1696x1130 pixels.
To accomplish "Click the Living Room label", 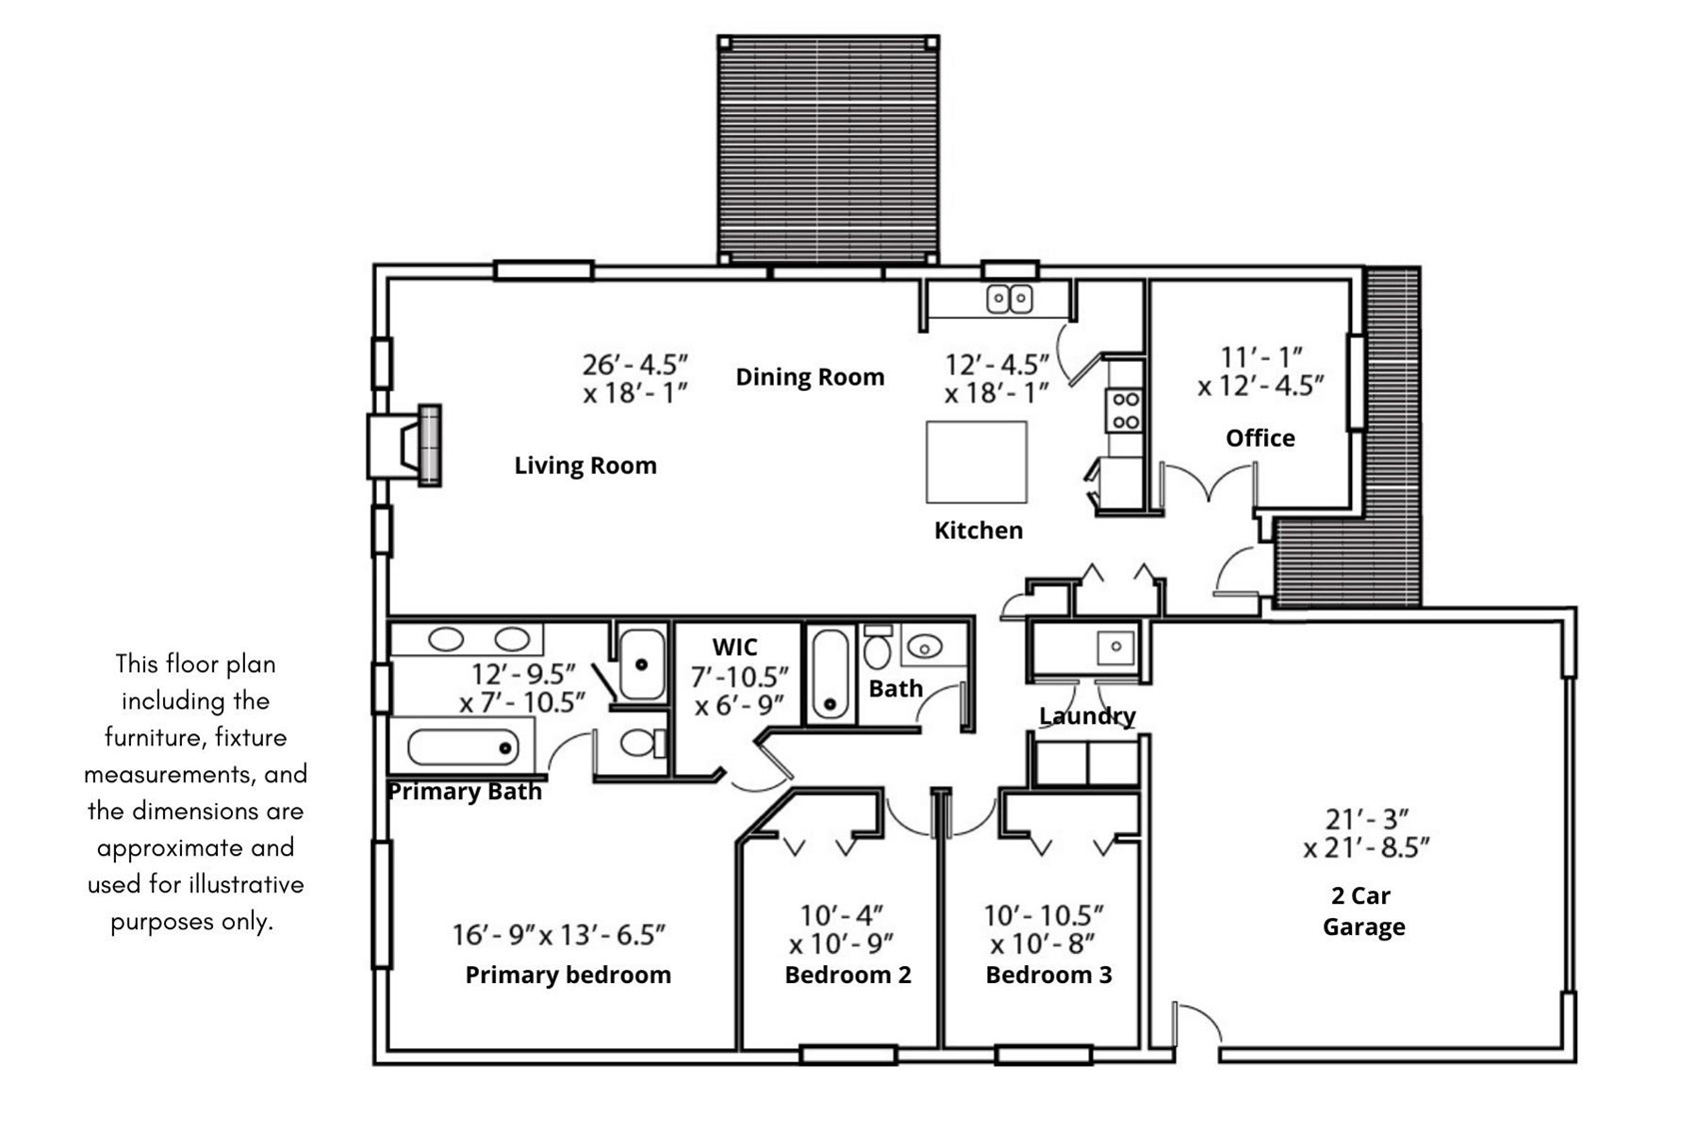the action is click(586, 466).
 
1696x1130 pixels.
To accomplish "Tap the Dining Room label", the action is click(811, 377).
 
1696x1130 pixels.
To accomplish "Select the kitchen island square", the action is click(976, 463).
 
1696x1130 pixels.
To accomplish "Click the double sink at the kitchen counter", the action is click(1009, 299).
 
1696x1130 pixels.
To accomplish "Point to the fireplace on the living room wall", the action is click(405, 445).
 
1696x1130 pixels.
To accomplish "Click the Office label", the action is click(1260, 439).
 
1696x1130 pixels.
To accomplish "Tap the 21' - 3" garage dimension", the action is click(1366, 819).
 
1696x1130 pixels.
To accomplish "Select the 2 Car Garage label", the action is click(1363, 911).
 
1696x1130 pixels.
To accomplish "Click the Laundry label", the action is click(1087, 716).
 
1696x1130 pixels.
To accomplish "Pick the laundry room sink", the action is click(1116, 647).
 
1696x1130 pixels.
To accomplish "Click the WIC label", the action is click(735, 647).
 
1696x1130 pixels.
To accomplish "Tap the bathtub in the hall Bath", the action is click(830, 673).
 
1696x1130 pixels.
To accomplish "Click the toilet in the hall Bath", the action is click(877, 647).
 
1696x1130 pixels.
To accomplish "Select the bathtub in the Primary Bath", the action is click(463, 747).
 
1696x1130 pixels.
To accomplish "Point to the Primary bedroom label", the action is click(568, 975).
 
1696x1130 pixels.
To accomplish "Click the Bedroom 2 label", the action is click(848, 975).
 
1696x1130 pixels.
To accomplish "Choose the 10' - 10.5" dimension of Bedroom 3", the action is click(1043, 916).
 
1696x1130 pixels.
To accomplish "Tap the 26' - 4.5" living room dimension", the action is click(635, 365).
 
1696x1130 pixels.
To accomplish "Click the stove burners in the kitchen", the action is click(1125, 411).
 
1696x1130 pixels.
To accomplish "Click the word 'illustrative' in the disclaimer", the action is click(246, 885).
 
